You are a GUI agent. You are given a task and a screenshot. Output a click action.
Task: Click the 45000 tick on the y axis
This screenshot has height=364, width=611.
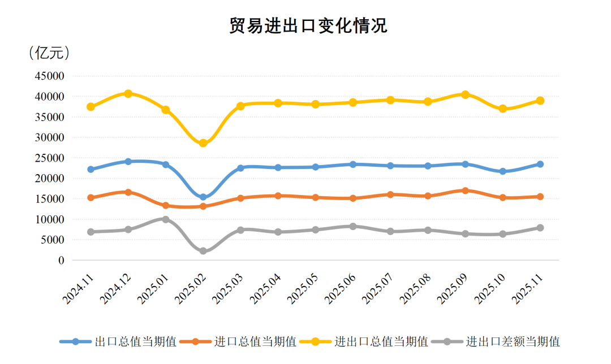click(50, 76)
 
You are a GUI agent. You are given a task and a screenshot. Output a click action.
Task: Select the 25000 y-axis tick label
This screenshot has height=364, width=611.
click(50, 158)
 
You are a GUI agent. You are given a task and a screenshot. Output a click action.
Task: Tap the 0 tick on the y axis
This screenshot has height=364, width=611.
click(61, 261)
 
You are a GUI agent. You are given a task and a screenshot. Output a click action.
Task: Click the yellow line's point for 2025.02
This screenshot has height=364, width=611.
click(203, 143)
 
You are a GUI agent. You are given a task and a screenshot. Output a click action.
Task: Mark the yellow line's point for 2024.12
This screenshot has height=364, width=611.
click(128, 93)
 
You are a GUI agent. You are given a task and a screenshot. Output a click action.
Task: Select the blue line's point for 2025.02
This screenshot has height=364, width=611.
click(203, 197)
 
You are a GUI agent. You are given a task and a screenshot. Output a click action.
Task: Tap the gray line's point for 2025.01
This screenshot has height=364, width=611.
click(166, 219)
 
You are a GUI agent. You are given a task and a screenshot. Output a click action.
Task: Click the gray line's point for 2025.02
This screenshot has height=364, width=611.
click(203, 251)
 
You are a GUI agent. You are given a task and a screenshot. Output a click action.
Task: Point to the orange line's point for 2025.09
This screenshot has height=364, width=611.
click(465, 190)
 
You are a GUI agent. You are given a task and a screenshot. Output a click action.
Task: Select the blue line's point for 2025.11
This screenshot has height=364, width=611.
click(540, 164)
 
